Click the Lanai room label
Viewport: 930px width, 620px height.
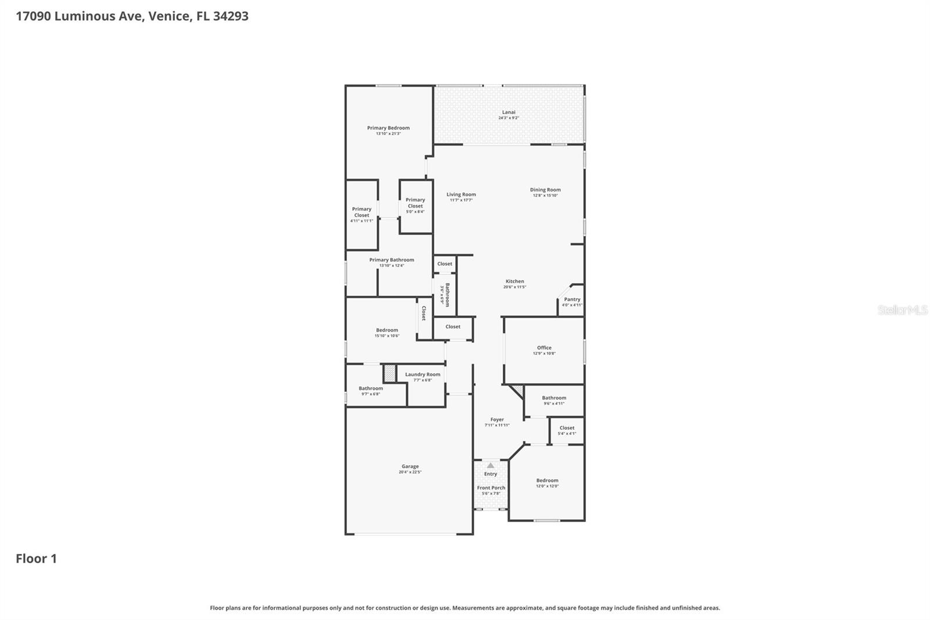click(509, 112)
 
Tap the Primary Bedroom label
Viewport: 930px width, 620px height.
click(388, 128)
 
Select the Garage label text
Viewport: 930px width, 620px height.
click(410, 466)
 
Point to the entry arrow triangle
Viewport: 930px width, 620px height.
click(491, 465)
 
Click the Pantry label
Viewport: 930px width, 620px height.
click(572, 300)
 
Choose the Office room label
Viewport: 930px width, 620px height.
click(544, 348)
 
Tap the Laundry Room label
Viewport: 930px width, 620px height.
click(423, 375)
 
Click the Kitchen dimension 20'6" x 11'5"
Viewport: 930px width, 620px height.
click(514, 287)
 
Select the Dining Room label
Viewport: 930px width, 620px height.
click(545, 190)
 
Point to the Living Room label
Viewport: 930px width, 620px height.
click(461, 195)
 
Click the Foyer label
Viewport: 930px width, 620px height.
click(497, 419)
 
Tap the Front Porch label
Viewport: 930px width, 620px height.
click(491, 488)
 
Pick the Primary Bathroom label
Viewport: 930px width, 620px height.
click(392, 260)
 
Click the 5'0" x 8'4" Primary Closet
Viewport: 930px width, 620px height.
click(415, 203)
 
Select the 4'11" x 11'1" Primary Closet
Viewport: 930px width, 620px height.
click(362, 212)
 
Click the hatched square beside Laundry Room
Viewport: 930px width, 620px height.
click(389, 373)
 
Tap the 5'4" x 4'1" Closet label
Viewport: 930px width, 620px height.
click(567, 428)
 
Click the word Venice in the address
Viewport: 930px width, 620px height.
click(169, 16)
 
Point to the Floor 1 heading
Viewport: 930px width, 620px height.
click(36, 558)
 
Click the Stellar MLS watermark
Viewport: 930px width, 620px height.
click(902, 310)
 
